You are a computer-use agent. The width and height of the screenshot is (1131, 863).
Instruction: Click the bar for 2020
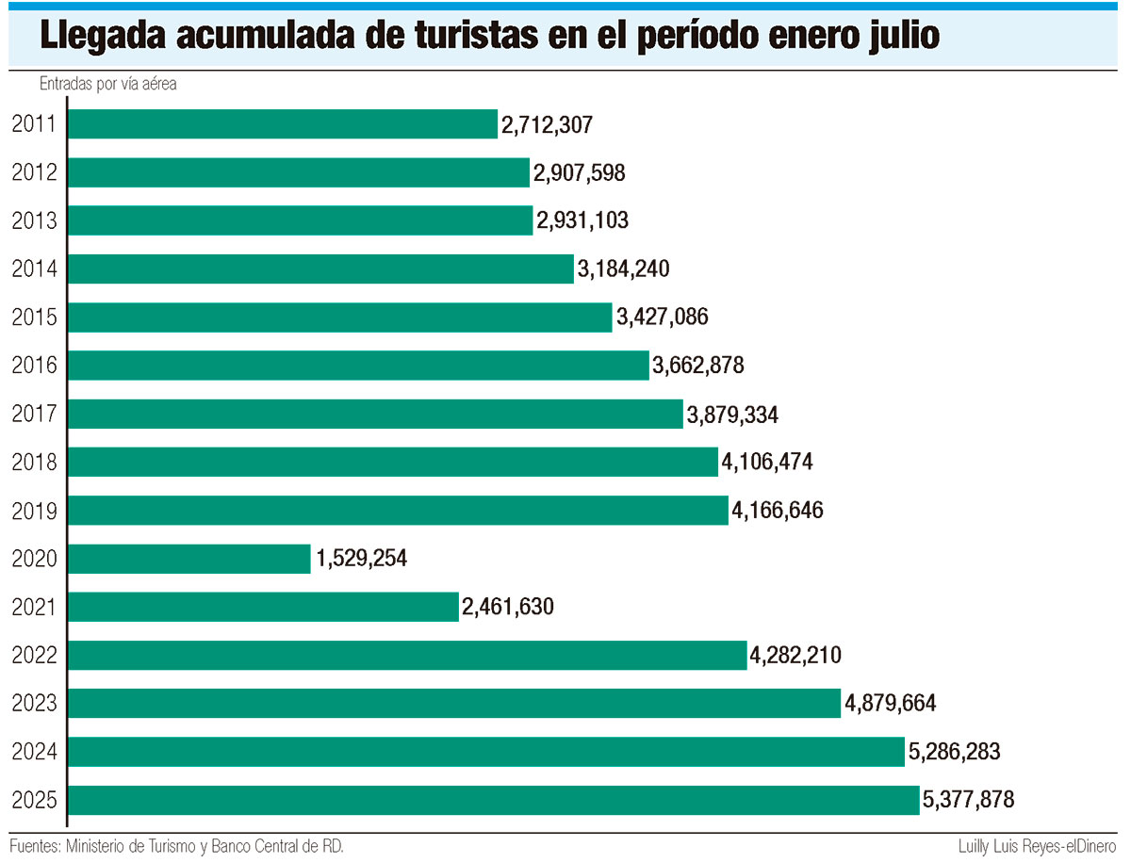pyautogui.click(x=189, y=559)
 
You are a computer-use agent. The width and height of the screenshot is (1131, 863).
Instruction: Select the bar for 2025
pyautogui.click(x=493, y=800)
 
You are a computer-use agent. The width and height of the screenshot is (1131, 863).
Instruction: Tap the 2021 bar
pyautogui.click(x=263, y=607)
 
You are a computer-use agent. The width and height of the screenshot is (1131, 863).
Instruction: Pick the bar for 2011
pyautogui.click(x=283, y=124)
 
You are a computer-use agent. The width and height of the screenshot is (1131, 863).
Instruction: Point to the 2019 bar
pyautogui.click(x=398, y=511)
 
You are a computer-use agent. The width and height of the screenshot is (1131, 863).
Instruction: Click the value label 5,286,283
pyautogui.click(x=955, y=752)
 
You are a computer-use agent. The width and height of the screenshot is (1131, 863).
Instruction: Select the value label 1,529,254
pyautogui.click(x=362, y=559)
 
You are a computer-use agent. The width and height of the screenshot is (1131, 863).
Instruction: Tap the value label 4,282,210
pyautogui.click(x=795, y=655)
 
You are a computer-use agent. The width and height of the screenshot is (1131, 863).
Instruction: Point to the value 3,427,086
pyautogui.click(x=663, y=318)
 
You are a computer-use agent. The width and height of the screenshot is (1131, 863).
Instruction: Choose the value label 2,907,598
pyautogui.click(x=580, y=172)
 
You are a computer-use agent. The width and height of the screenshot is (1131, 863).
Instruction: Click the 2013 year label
pyautogui.click(x=35, y=220)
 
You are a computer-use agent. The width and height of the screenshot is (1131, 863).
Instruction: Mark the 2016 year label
pyautogui.click(x=35, y=366)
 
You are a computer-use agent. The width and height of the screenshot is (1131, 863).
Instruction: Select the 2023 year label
pyautogui.click(x=35, y=703)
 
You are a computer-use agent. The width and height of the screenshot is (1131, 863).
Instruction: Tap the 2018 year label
pyautogui.click(x=35, y=463)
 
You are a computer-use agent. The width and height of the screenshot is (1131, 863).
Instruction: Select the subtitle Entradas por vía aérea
pyautogui.click(x=108, y=84)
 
